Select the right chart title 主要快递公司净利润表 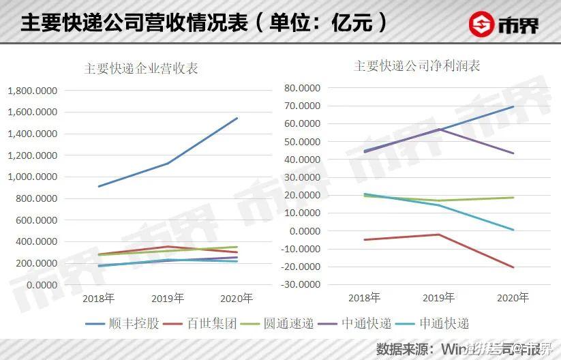pos(417,66)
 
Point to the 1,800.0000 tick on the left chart pos(32,90)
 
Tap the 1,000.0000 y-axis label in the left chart pos(32,177)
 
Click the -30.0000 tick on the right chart pos(299,284)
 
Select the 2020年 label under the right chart pos(513,298)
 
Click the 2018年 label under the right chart pos(364,298)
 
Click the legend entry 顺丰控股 pos(134,322)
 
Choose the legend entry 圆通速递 pos(289,322)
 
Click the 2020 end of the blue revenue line pos(237,118)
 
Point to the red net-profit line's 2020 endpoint pos(513,267)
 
